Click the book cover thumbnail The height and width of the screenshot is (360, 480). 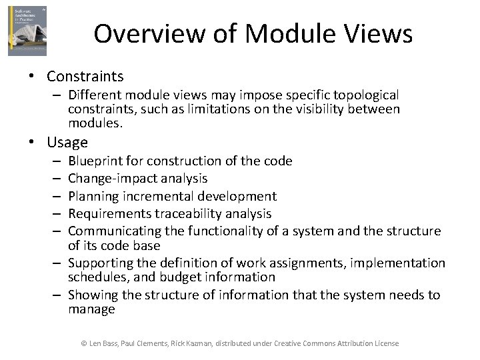tap(27, 31)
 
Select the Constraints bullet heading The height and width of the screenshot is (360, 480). tap(85, 77)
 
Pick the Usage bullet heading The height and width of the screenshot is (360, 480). tap(67, 142)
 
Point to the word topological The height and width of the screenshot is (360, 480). tap(364, 95)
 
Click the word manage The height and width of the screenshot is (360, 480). tap(91, 309)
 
